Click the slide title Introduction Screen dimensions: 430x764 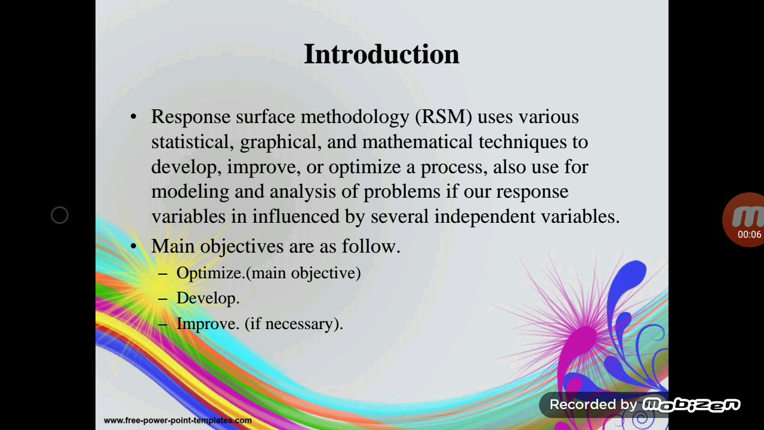(x=381, y=54)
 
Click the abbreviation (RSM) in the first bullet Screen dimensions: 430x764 (x=443, y=116)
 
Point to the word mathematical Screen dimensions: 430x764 (x=417, y=142)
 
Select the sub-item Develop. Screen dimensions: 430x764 (x=207, y=298)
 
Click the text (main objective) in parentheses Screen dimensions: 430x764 (x=303, y=273)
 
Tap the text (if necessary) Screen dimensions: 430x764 (x=293, y=324)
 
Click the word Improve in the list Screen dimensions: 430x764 (x=207, y=324)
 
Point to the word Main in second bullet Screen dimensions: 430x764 (x=173, y=246)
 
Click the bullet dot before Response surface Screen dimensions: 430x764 (x=133, y=117)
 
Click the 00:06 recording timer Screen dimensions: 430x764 (x=749, y=235)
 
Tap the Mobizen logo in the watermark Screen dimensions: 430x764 (x=691, y=405)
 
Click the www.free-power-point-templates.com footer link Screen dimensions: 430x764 (x=177, y=420)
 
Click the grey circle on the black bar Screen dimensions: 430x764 (x=60, y=215)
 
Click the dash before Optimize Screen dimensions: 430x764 (x=163, y=274)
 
